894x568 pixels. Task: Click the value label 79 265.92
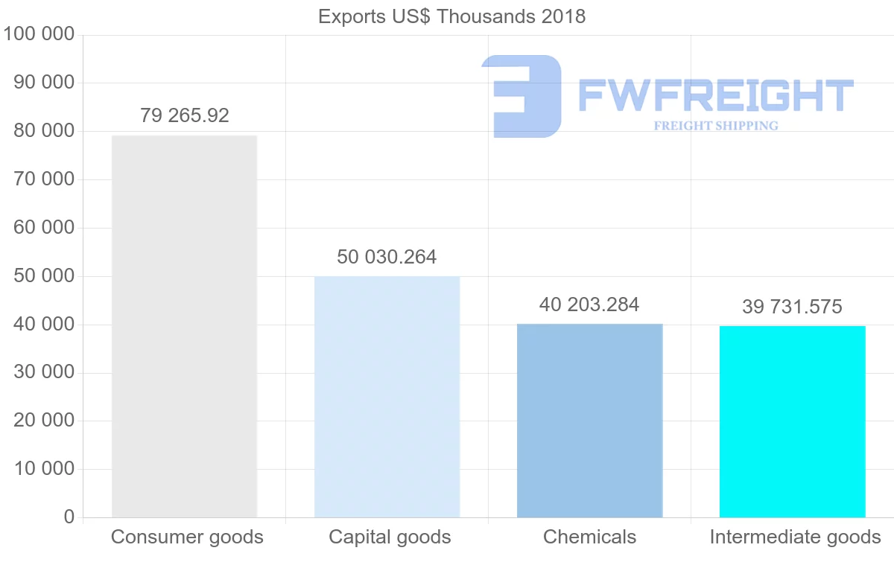tap(185, 116)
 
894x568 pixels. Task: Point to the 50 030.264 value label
tap(387, 258)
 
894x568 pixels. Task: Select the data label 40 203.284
tap(589, 305)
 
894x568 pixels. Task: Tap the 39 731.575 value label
tap(792, 307)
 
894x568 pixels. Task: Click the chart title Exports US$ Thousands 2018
tap(451, 16)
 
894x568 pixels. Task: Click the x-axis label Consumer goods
tap(187, 537)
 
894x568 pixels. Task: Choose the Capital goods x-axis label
tap(390, 537)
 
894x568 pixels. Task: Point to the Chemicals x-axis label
tap(589, 537)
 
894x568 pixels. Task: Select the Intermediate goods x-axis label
tap(795, 537)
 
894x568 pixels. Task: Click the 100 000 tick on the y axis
tap(39, 34)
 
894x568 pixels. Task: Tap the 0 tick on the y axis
tap(69, 517)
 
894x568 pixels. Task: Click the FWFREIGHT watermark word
tap(715, 95)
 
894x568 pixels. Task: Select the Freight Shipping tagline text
tap(715, 126)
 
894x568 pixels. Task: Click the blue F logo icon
tap(521, 95)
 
